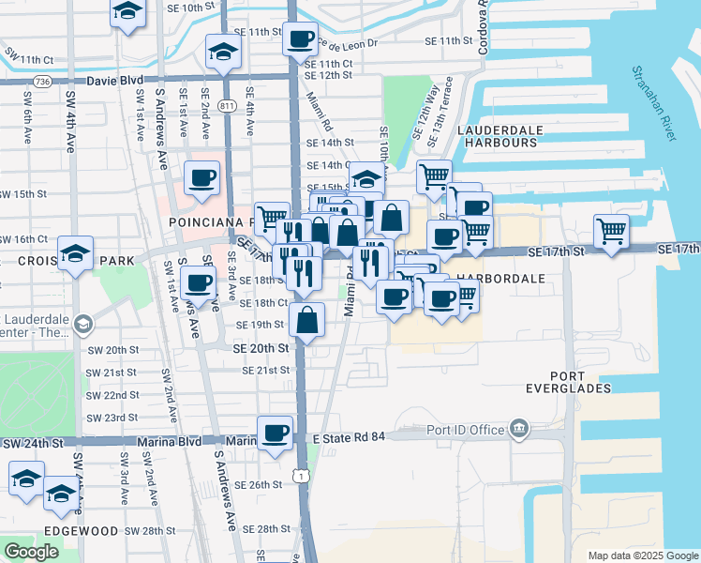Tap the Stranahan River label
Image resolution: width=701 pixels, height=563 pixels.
click(x=653, y=104)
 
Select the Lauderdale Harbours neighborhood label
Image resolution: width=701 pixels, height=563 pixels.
click(x=497, y=135)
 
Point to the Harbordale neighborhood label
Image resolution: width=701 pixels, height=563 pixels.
click(x=501, y=280)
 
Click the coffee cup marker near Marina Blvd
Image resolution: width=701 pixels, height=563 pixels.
click(x=275, y=433)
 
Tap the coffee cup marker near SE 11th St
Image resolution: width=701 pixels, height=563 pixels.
click(x=300, y=38)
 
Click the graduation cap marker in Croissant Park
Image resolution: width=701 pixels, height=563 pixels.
click(x=75, y=253)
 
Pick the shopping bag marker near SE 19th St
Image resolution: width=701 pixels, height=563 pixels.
click(x=307, y=320)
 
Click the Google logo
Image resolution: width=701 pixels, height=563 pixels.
click(x=32, y=552)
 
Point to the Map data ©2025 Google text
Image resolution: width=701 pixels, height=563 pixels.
click(x=643, y=555)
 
